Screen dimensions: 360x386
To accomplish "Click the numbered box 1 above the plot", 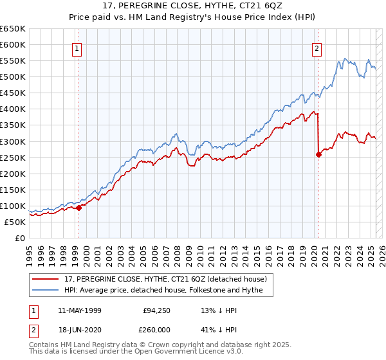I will click(77, 48).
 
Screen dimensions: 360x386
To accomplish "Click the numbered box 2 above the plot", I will click(317, 48).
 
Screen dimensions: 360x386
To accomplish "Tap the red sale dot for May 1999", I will click(78, 208).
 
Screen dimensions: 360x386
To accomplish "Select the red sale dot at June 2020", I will click(318, 154).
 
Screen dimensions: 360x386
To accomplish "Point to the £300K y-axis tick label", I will click(13, 141).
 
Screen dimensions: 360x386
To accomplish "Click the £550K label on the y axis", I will click(13, 61).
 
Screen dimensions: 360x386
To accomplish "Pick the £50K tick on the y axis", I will click(15, 222).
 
